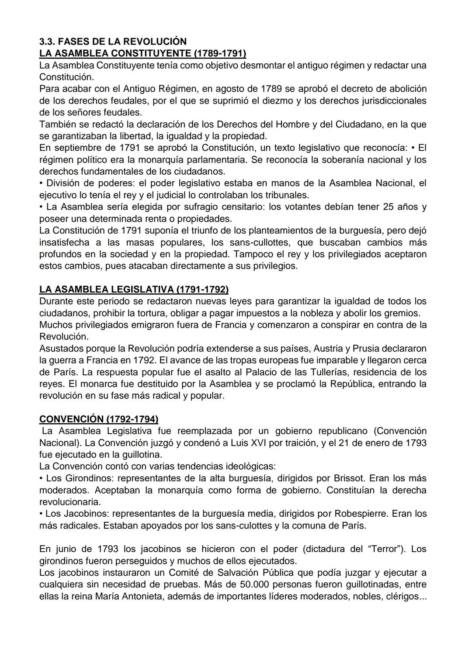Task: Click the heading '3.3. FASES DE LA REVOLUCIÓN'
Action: [113, 41]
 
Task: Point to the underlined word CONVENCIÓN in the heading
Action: [71, 419]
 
